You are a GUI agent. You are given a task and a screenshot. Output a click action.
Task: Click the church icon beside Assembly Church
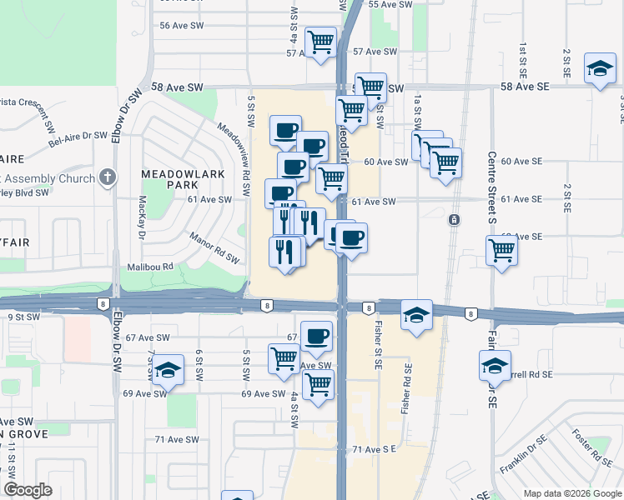click(x=106, y=177)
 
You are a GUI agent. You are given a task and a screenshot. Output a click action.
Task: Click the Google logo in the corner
click(x=28, y=490)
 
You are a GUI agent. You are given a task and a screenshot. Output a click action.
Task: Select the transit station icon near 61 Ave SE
click(x=453, y=220)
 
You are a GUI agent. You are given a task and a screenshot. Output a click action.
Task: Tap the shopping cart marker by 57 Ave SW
click(x=320, y=42)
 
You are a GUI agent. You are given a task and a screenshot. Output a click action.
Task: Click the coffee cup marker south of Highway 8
click(x=316, y=337)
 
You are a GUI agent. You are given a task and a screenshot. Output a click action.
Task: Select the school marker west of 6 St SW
click(x=168, y=371)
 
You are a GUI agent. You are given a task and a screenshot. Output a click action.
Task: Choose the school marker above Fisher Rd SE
click(x=415, y=315)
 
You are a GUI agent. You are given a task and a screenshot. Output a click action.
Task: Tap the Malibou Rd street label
click(x=150, y=267)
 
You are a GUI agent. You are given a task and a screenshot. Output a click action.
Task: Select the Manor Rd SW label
click(x=214, y=248)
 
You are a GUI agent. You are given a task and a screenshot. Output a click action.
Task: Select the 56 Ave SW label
click(x=182, y=26)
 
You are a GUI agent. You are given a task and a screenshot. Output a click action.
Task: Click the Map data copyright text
click(x=571, y=493)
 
